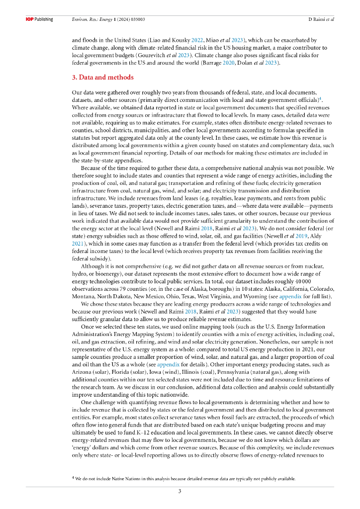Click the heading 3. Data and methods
tap(103, 78)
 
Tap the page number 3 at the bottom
tap(180, 492)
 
